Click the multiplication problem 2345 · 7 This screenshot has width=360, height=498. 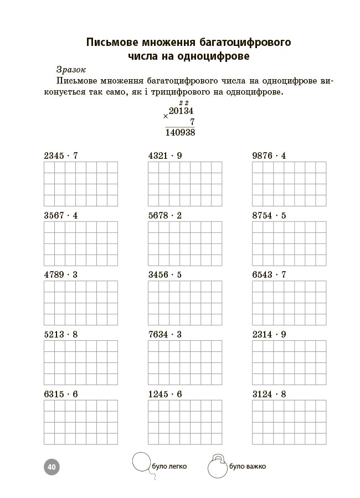(61, 156)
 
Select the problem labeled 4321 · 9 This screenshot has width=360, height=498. (165, 156)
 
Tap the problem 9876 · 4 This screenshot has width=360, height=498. (269, 156)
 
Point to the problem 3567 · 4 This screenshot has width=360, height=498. (61, 216)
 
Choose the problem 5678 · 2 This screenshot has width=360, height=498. (165, 216)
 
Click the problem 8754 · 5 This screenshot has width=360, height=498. (269, 216)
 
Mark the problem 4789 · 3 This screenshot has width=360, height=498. (61, 275)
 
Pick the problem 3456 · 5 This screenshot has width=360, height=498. (165, 275)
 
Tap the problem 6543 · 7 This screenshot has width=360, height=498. (269, 275)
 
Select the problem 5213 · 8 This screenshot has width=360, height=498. (61, 335)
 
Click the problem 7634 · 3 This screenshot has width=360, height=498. (165, 335)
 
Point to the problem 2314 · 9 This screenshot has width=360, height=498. (269, 335)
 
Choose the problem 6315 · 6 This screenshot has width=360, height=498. (61, 395)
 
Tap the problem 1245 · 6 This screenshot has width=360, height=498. (165, 395)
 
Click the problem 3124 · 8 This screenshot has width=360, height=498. (269, 395)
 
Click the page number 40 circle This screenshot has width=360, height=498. (51, 467)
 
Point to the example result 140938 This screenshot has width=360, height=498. (180, 133)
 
